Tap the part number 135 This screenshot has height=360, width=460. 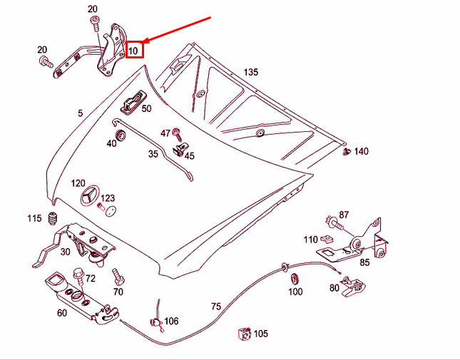(250, 72)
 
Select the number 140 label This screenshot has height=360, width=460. (362, 151)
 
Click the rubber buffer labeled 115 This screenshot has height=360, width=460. (52, 217)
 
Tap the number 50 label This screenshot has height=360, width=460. (146, 109)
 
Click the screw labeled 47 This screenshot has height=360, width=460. (178, 133)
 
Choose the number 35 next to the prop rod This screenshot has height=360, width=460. (153, 154)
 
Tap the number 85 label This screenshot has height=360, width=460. (364, 262)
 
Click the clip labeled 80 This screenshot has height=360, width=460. (353, 284)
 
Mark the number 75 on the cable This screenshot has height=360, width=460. (216, 307)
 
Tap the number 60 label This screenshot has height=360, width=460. (62, 312)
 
